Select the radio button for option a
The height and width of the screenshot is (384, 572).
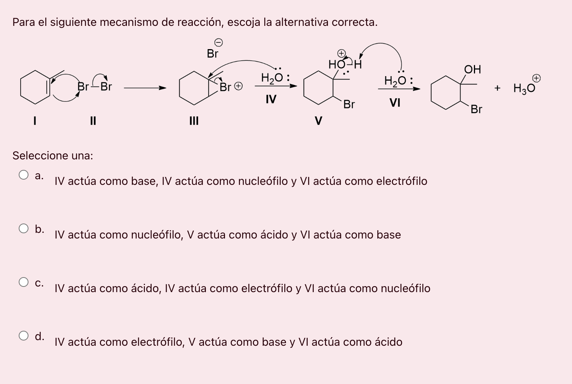pyautogui.click(x=24, y=175)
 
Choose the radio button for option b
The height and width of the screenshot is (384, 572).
pyautogui.click(x=24, y=228)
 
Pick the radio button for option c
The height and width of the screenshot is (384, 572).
pyautogui.click(x=24, y=282)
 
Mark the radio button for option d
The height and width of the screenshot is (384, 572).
pyautogui.click(x=24, y=336)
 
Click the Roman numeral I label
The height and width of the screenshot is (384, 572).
pyautogui.click(x=34, y=121)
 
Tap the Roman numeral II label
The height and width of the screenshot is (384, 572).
pyautogui.click(x=93, y=121)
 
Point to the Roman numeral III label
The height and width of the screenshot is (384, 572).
pyautogui.click(x=194, y=121)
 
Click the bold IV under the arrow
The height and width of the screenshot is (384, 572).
pyautogui.click(x=271, y=99)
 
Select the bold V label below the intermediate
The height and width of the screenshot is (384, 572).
pyautogui.click(x=318, y=121)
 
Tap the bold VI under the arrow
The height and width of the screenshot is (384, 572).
pyautogui.click(x=395, y=102)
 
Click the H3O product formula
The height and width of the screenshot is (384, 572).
pyautogui.click(x=524, y=88)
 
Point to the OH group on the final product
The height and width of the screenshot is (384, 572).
pyautogui.click(x=472, y=69)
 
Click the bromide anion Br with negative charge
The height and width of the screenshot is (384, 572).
pyautogui.click(x=213, y=54)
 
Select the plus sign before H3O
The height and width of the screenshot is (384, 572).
pyautogui.click(x=497, y=88)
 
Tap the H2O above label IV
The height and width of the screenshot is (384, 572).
pyautogui.click(x=274, y=78)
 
